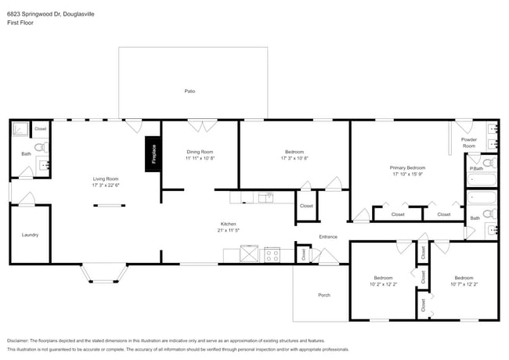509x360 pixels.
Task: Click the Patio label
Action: [x=190, y=92]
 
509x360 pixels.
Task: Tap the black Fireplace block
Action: [x=153, y=153]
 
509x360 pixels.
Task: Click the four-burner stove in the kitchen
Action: [x=273, y=254]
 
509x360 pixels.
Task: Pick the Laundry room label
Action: [x=30, y=235]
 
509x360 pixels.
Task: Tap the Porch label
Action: [x=324, y=295]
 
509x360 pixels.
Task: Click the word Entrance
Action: [x=328, y=236]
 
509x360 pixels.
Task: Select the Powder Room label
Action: [x=469, y=142]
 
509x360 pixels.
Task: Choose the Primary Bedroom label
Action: [x=407, y=168]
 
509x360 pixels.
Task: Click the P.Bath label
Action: [x=475, y=169]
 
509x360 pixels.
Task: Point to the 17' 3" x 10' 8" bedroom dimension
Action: [x=294, y=159]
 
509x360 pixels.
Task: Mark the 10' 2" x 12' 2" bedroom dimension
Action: [x=383, y=285]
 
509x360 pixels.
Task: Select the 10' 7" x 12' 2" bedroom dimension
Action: [x=464, y=285]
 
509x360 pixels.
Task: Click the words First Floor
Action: [x=20, y=23]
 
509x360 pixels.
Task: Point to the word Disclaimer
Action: [x=19, y=341]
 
